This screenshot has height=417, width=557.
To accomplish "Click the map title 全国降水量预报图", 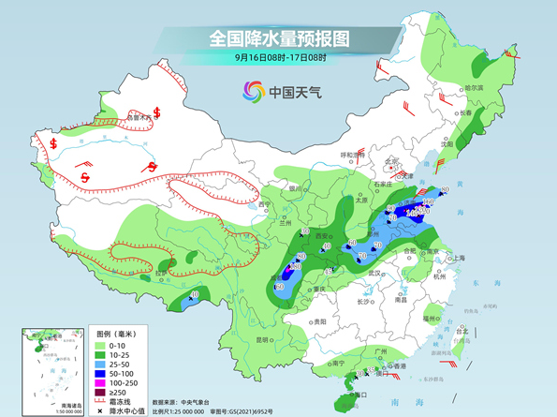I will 278,38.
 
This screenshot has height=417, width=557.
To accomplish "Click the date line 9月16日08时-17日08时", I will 278,58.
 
